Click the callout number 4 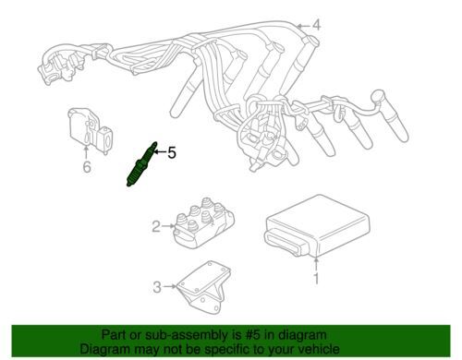(317, 25)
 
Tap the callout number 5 (172, 152)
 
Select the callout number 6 (87, 167)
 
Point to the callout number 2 (156, 227)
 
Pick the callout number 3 (157, 287)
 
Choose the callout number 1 (316, 279)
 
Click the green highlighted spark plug (141, 164)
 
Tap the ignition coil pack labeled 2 (204, 222)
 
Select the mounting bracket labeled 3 (203, 284)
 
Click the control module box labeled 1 (317, 226)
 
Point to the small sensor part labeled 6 (90, 130)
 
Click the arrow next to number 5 (160, 151)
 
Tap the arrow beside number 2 (168, 226)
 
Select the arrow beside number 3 (170, 286)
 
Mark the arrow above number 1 (316, 264)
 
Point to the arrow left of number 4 (303, 26)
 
